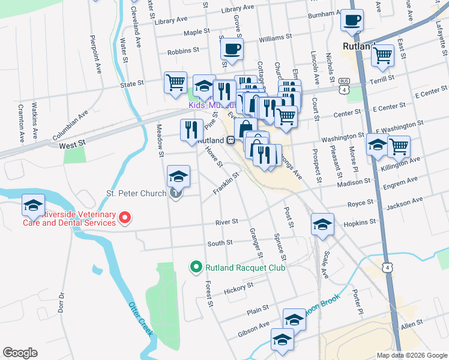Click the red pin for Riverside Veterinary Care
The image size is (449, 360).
[125, 218]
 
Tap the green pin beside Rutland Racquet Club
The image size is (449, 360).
[195, 267]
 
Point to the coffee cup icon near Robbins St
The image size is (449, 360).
[231, 49]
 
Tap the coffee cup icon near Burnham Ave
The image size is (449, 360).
[352, 20]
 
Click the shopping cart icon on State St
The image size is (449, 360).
[175, 83]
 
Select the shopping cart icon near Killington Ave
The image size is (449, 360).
[399, 146]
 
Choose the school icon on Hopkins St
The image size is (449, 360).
[322, 225]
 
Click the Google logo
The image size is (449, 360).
[20, 353]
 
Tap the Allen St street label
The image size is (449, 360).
[412, 324]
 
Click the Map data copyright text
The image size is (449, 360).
[411, 355]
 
